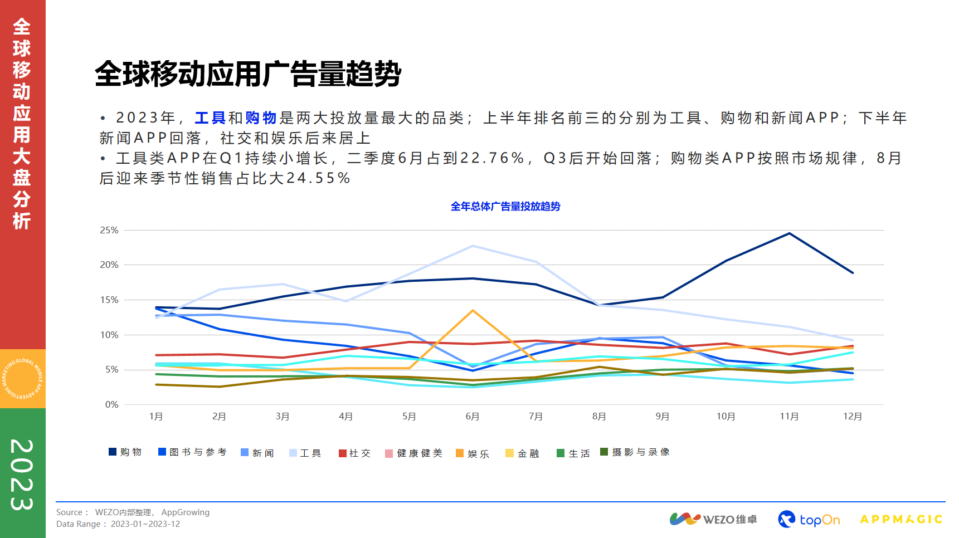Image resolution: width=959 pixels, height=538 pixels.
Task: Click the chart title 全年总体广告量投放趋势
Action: (505, 207)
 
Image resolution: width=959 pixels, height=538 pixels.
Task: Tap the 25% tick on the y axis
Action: (109, 230)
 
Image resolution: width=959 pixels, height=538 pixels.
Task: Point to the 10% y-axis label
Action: (109, 335)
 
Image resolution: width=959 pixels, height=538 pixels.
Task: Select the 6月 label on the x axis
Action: (472, 417)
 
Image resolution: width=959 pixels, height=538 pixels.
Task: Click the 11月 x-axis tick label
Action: (788, 417)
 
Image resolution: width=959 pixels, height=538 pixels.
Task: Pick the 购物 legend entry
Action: (125, 452)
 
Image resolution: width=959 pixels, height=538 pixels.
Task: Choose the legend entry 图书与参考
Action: (192, 452)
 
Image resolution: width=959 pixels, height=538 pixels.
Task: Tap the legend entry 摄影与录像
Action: (635, 452)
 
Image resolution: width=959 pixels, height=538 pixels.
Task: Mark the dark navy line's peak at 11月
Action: (789, 233)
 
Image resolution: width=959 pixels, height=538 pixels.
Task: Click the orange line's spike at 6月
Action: (473, 310)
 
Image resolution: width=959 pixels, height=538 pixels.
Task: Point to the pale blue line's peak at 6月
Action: (473, 246)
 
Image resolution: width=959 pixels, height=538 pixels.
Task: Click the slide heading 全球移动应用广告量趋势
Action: (248, 74)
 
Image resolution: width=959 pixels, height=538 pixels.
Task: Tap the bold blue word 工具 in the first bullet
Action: (210, 118)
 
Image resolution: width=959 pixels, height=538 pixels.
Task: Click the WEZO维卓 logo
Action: (713, 519)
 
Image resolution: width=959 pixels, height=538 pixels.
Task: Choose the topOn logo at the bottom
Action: (809, 519)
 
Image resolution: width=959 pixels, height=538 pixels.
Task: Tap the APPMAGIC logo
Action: (900, 519)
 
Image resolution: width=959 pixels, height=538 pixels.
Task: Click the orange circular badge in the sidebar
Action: (23, 379)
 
